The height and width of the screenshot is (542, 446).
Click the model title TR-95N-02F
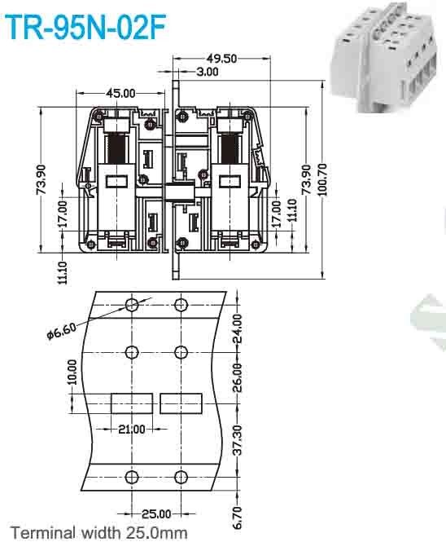(x=85, y=27)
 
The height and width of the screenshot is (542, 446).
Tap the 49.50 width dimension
(x=221, y=58)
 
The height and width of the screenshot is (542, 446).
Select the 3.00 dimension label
(x=208, y=72)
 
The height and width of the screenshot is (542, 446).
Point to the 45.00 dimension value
(x=119, y=94)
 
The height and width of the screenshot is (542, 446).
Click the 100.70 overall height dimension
(x=323, y=175)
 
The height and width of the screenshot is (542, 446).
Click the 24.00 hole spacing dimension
(x=238, y=328)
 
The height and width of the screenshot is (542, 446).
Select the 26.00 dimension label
(x=238, y=377)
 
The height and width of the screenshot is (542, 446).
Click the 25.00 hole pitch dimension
(x=155, y=513)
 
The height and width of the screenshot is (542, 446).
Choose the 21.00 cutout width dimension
(x=130, y=429)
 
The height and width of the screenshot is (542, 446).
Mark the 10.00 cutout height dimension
(x=72, y=372)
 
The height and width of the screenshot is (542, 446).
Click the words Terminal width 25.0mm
(x=99, y=532)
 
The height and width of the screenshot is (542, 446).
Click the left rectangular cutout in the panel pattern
(x=130, y=403)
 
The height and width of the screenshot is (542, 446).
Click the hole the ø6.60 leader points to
(x=131, y=306)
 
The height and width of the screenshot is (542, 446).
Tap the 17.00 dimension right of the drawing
(x=276, y=214)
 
